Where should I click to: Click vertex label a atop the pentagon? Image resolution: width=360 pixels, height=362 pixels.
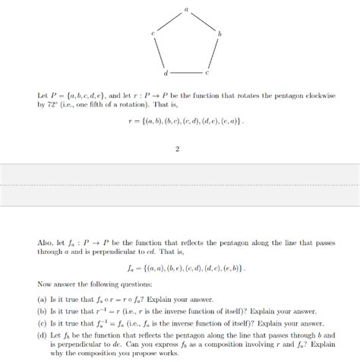pos(185,8)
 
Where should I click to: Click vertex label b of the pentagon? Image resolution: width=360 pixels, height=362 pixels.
pos(219,34)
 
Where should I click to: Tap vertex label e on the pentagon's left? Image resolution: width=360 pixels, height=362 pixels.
pos(153,34)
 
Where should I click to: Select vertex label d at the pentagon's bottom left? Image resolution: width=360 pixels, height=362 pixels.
pos(165,75)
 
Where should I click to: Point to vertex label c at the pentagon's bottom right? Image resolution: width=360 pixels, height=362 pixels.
pos(206,75)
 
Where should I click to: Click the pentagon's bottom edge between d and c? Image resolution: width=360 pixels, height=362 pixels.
pos(185,72)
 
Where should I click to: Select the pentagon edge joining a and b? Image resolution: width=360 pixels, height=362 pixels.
pos(202,24)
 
